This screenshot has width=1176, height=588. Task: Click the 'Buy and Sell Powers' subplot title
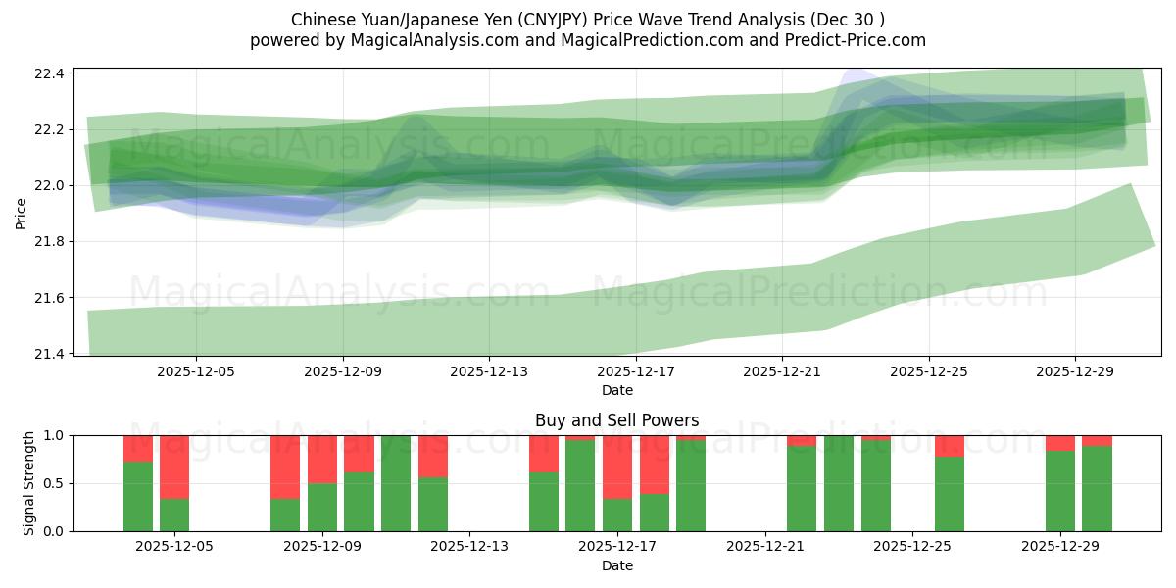pyautogui.click(x=616, y=420)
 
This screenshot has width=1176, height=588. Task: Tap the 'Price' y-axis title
pyautogui.click(x=22, y=212)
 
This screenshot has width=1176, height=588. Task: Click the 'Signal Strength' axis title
pyautogui.click(x=29, y=483)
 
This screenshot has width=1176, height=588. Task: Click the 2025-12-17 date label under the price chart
pyautogui.click(x=636, y=372)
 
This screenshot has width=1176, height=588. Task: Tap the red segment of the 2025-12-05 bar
pyautogui.click(x=174, y=466)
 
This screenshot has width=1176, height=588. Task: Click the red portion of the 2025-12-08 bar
pyautogui.click(x=285, y=466)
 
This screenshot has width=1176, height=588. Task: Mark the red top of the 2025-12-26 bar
pyautogui.click(x=950, y=446)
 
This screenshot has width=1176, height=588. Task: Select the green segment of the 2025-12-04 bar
pyautogui.click(x=138, y=496)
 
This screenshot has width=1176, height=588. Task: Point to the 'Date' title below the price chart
pyautogui.click(x=616, y=390)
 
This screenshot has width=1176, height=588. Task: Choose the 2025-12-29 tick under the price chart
pyautogui.click(x=1075, y=372)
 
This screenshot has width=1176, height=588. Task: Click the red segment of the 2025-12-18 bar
pyautogui.click(x=655, y=465)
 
